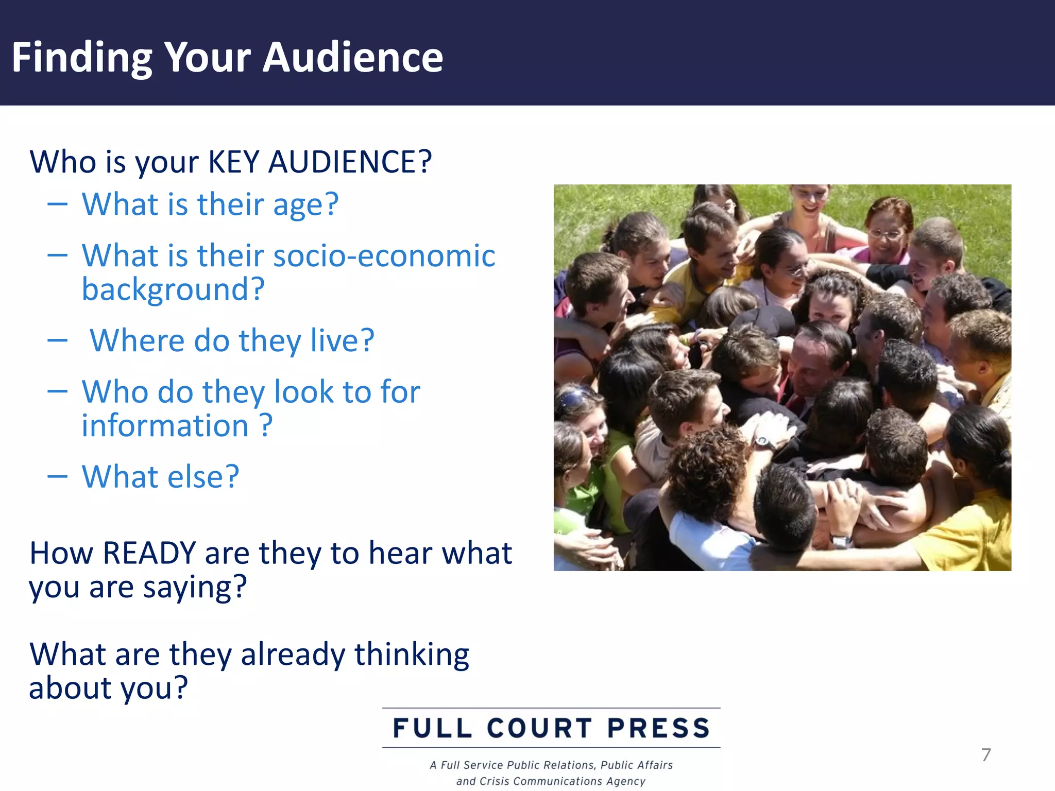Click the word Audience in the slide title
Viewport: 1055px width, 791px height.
pyautogui.click(x=353, y=57)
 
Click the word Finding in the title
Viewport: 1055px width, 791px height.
pyautogui.click(x=82, y=58)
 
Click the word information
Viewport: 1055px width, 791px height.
pyautogui.click(x=165, y=426)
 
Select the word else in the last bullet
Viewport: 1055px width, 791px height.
pyautogui.click(x=197, y=476)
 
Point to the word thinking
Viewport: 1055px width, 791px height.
pyautogui.click(x=412, y=655)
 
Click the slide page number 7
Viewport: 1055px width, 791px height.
pyautogui.click(x=986, y=755)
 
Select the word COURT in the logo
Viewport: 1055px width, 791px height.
pyautogui.click(x=539, y=728)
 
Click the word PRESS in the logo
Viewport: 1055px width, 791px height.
pyautogui.click(x=659, y=728)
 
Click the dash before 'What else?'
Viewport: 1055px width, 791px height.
pyautogui.click(x=57, y=476)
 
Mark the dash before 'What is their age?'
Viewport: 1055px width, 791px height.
pyautogui.click(x=57, y=204)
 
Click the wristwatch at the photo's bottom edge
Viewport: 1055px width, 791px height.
pyautogui.click(x=841, y=541)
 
